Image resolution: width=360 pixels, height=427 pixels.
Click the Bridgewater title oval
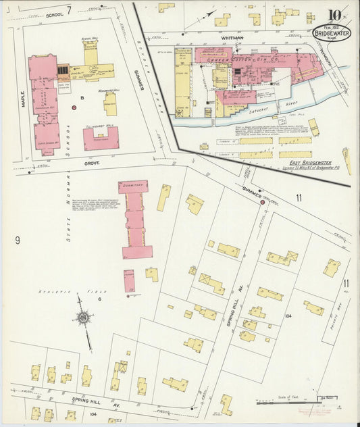coord(332,33)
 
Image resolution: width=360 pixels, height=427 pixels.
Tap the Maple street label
coord(24,99)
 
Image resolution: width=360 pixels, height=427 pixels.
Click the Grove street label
coord(92,163)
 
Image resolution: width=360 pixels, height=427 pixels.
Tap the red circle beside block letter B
coord(74,107)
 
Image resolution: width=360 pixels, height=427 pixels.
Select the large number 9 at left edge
coord(17,239)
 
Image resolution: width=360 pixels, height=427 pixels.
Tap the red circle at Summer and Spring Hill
coord(262,202)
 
